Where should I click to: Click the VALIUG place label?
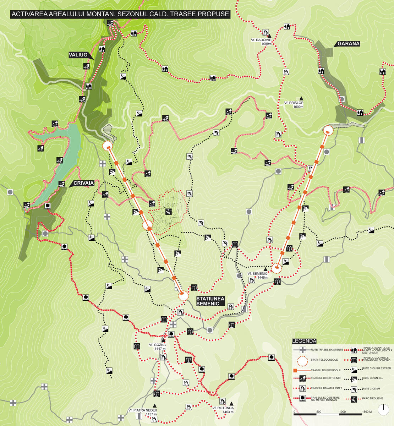click(x=78, y=55)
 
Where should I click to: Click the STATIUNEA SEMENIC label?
click(x=210, y=301)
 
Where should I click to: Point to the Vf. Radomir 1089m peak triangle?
click(x=269, y=36)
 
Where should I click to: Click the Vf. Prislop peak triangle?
click(x=301, y=98)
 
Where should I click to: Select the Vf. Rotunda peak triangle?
click(x=231, y=404)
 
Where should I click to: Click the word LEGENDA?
click(x=304, y=341)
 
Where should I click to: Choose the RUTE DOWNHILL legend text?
click(x=373, y=378)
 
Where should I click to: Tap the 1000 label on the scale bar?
click(x=342, y=412)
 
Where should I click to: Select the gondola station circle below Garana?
click(x=328, y=131)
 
